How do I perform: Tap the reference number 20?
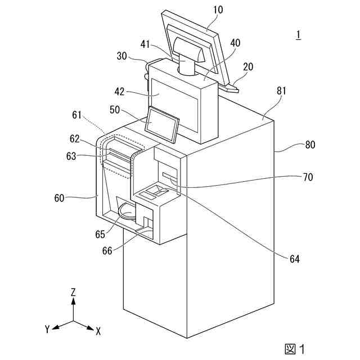247,66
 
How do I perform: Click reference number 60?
60,197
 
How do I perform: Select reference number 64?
295,259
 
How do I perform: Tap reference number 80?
310,145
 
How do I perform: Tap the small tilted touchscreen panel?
162,123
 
